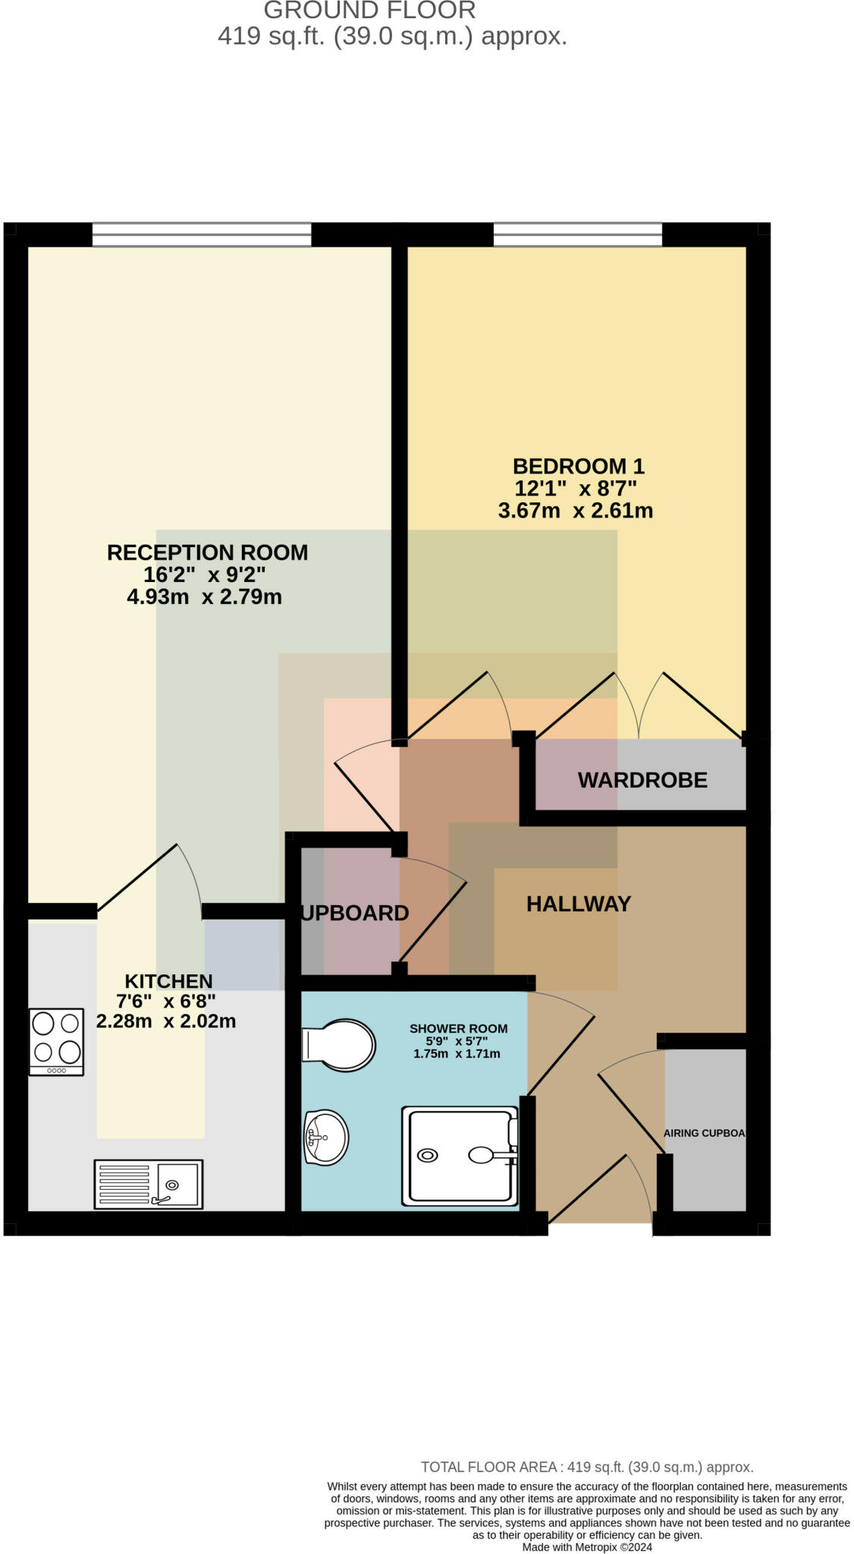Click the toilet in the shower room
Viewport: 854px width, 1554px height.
[339, 1045]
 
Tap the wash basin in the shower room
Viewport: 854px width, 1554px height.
[326, 1137]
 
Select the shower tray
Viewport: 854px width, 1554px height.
[460, 1156]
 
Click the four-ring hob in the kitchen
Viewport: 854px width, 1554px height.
[56, 1040]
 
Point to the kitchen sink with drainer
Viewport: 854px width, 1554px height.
[149, 1183]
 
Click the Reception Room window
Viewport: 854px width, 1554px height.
[202, 234]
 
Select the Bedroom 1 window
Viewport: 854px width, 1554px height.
[577, 234]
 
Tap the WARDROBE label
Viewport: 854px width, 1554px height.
[642, 780]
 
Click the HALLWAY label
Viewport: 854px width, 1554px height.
[579, 904]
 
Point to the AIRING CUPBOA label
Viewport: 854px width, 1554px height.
[704, 1133]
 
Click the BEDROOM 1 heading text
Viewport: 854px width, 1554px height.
[578, 466]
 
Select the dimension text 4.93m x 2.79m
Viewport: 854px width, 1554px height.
[204, 597]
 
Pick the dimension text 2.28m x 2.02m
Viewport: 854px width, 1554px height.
[166, 1021]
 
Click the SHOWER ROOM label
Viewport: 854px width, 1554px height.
[458, 1029]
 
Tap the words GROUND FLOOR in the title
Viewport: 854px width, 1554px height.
[369, 11]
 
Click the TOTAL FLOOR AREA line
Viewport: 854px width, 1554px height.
[586, 1467]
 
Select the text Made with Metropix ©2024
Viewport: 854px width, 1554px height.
[586, 1547]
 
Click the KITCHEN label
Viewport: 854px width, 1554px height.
[168, 981]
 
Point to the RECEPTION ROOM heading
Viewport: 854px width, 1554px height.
[207, 552]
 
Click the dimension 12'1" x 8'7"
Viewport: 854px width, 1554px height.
[576, 488]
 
